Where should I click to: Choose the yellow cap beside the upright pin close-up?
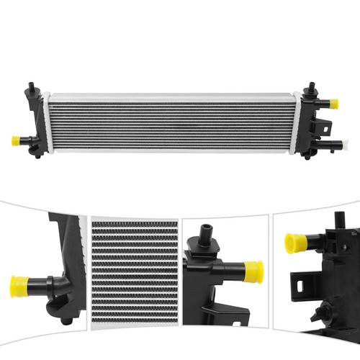pos(253,272)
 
